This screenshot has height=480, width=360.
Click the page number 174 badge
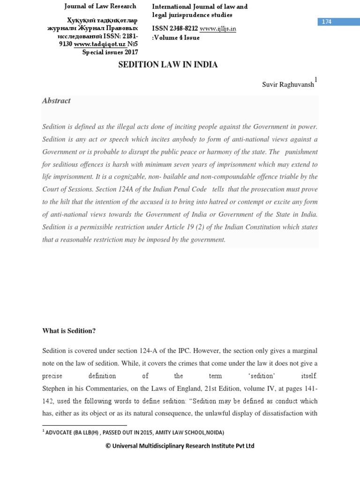pos(327,22)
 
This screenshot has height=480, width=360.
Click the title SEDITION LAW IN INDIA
pos(167,65)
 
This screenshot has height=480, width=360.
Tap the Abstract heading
pos(56,101)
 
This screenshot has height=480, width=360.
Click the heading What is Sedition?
pos(69,331)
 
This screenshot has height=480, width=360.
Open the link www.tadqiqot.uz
pos(96,44)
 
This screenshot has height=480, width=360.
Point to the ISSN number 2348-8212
pos(183,29)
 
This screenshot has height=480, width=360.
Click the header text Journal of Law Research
pos(100,6)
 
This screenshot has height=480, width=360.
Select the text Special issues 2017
pos(110,52)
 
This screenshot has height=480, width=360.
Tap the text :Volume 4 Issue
pos(176,37)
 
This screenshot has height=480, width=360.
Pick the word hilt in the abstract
pos(63,202)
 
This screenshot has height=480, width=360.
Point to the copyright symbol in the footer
pos(108,446)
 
